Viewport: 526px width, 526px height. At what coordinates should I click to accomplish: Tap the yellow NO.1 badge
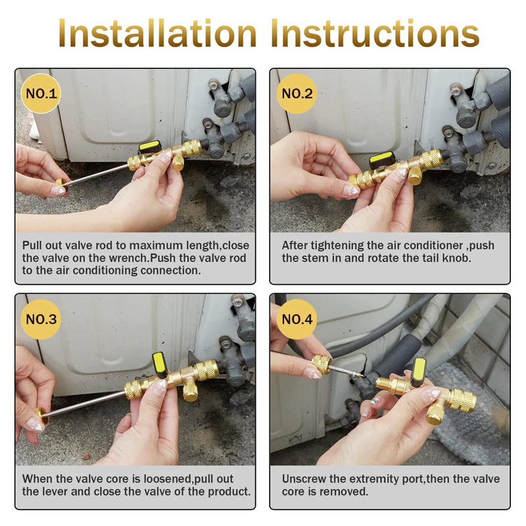tap(41, 93)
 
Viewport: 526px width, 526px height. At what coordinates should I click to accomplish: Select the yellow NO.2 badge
tap(297, 93)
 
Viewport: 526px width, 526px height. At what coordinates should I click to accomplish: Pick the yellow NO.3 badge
tap(41, 320)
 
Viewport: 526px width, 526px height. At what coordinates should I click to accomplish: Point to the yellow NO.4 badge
tap(297, 320)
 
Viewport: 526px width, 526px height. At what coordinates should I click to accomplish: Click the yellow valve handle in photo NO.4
tap(419, 368)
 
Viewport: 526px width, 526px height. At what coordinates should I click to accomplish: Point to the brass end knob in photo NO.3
tap(42, 416)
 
